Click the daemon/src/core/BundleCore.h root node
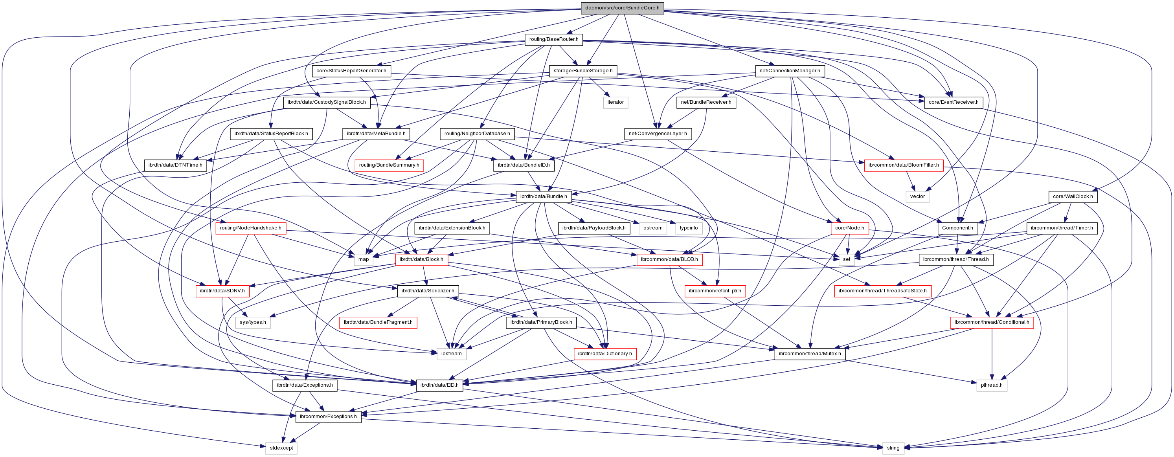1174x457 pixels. click(622, 8)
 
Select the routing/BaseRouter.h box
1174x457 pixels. click(553, 39)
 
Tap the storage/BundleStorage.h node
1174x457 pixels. click(583, 71)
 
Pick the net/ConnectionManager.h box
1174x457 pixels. click(789, 71)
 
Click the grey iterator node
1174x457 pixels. click(615, 102)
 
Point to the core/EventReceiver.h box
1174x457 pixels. click(954, 102)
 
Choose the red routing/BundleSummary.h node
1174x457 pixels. click(389, 165)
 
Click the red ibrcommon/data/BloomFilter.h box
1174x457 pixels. click(903, 165)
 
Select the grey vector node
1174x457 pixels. click(917, 196)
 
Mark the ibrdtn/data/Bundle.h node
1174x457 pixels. click(543, 196)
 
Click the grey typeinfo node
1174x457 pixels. click(688, 228)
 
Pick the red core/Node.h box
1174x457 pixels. click(849, 228)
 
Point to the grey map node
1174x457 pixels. click(363, 259)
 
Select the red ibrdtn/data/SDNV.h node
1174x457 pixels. click(222, 291)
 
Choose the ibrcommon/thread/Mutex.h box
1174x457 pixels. click(810, 354)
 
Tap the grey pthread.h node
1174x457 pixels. click(991, 385)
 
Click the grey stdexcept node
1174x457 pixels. click(281, 448)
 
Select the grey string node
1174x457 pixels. click(893, 448)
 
